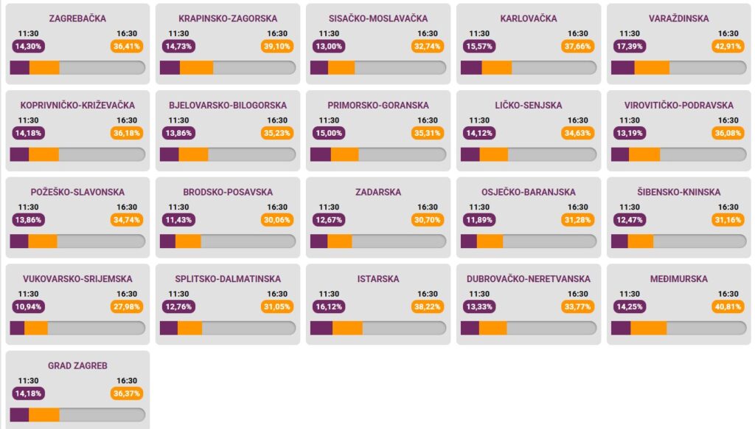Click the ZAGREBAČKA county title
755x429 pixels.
click(77, 18)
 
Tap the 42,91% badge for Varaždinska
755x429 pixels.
click(728, 47)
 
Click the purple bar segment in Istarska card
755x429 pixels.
click(321, 328)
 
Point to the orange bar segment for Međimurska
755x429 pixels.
click(648, 328)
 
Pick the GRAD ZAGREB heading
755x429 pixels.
click(77, 365)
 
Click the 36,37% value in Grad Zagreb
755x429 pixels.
click(127, 394)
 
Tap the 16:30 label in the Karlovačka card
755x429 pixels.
click(578, 33)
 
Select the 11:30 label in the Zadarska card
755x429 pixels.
click(329, 207)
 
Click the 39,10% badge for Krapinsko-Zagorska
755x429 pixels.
click(277, 47)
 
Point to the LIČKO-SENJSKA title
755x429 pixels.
click(529, 106)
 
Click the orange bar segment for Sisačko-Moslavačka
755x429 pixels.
click(341, 67)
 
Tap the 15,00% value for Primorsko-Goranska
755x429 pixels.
click(329, 134)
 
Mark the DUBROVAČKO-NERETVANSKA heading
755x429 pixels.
click(529, 279)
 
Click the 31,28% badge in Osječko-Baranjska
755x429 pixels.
click(578, 220)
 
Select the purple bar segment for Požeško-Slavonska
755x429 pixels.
click(18, 241)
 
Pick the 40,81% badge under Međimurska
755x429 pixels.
click(728, 307)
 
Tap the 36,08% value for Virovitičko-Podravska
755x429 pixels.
click(728, 134)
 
